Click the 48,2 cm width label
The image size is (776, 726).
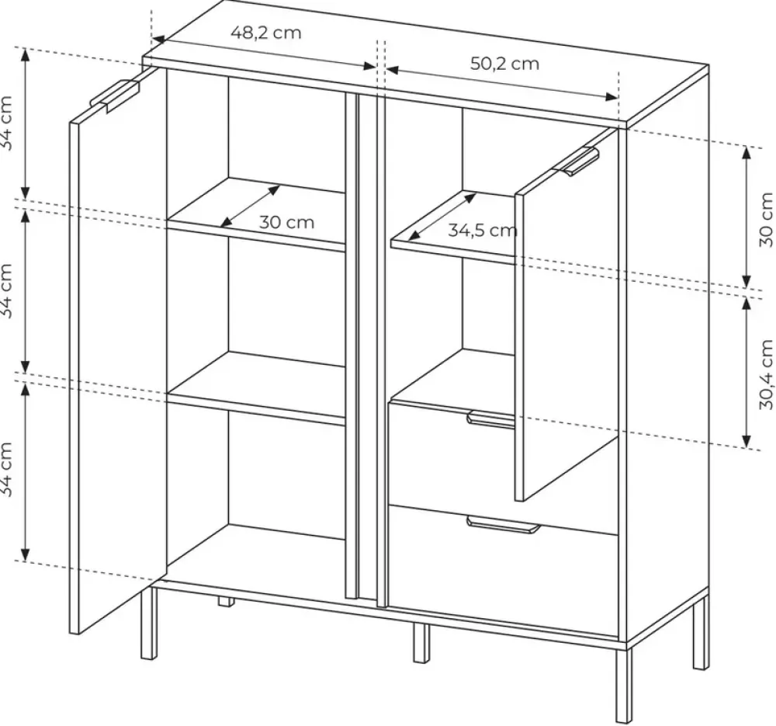tap(265, 33)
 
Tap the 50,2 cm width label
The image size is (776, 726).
tap(504, 64)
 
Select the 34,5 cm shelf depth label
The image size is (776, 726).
tap(483, 231)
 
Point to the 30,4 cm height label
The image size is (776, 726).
tap(766, 374)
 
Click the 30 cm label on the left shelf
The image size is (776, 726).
tap(286, 222)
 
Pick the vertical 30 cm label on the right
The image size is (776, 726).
tap(766, 220)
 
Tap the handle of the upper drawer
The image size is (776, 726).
tap(491, 419)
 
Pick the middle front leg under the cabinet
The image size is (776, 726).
tap(421, 643)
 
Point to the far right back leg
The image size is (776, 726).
tap(701, 634)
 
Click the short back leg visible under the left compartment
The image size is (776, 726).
tap(226, 602)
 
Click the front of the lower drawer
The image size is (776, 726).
tap(504, 569)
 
